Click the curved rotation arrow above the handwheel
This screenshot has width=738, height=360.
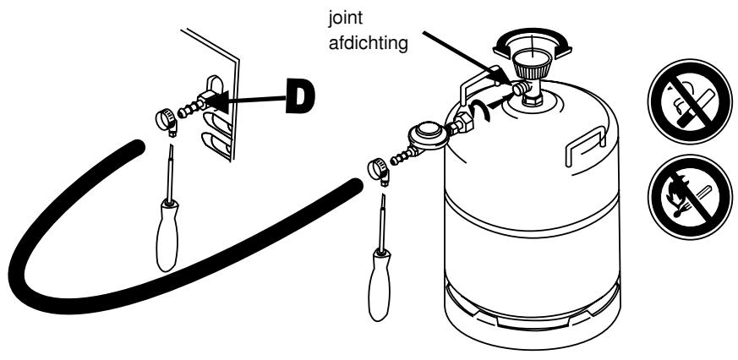pos(536,35)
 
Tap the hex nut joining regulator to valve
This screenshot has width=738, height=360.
pos(463,124)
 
